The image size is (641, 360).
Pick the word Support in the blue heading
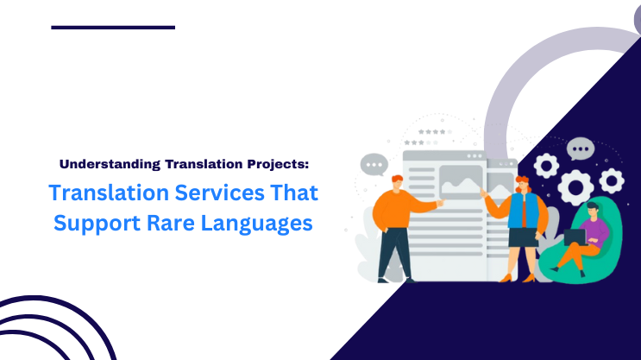[x=94, y=221]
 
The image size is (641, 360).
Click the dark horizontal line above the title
[x=113, y=27]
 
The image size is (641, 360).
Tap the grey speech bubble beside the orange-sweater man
[x=374, y=164]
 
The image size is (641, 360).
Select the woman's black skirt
[x=521, y=237]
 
